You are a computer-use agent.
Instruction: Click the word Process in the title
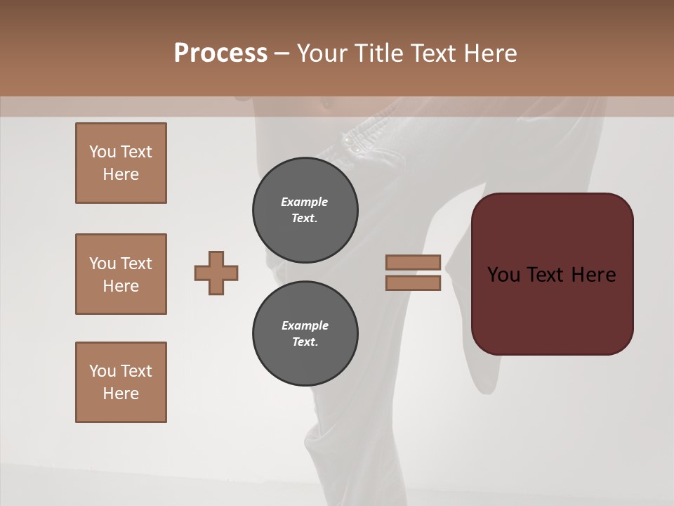tap(220, 53)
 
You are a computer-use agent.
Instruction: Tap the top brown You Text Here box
tap(121, 163)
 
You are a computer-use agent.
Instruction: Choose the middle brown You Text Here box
tap(121, 274)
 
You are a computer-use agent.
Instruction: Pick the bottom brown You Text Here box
tap(121, 382)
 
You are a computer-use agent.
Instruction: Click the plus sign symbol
tap(216, 273)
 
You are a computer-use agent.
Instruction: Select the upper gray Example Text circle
tap(305, 210)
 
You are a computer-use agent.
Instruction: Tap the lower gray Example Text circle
tap(305, 333)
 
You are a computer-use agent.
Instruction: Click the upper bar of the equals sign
tap(413, 263)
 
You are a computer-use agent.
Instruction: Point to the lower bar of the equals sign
tap(413, 283)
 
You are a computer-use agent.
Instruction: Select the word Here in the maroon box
tap(593, 275)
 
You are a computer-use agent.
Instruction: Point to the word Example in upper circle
tap(305, 202)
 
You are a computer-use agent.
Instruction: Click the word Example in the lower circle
tap(305, 325)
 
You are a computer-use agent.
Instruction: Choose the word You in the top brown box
tap(103, 152)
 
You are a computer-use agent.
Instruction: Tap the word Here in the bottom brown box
tap(121, 394)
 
